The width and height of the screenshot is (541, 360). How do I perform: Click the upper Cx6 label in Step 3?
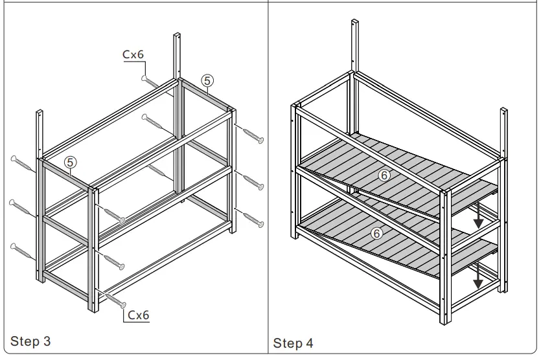coord(134,56)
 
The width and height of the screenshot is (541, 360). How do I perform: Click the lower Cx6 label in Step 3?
coord(139,315)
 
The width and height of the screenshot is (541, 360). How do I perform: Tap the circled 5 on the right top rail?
coord(207,80)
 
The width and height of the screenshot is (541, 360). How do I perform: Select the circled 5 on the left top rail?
coord(70,161)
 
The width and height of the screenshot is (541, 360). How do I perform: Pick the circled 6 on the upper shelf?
coord(384,175)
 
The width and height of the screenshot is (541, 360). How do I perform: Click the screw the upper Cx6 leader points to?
coord(150,81)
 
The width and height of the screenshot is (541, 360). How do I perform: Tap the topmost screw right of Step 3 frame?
coord(252,135)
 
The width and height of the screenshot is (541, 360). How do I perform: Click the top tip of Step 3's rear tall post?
coord(177,34)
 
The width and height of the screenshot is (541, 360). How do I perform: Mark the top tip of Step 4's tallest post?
coord(354,21)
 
